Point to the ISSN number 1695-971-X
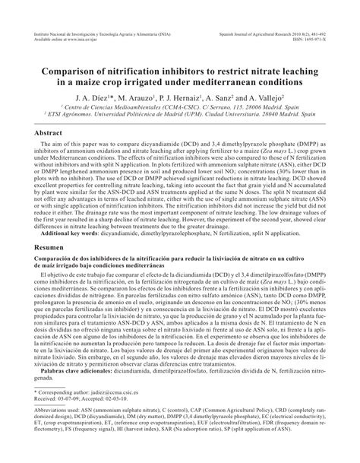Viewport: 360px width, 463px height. tap(318, 41)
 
